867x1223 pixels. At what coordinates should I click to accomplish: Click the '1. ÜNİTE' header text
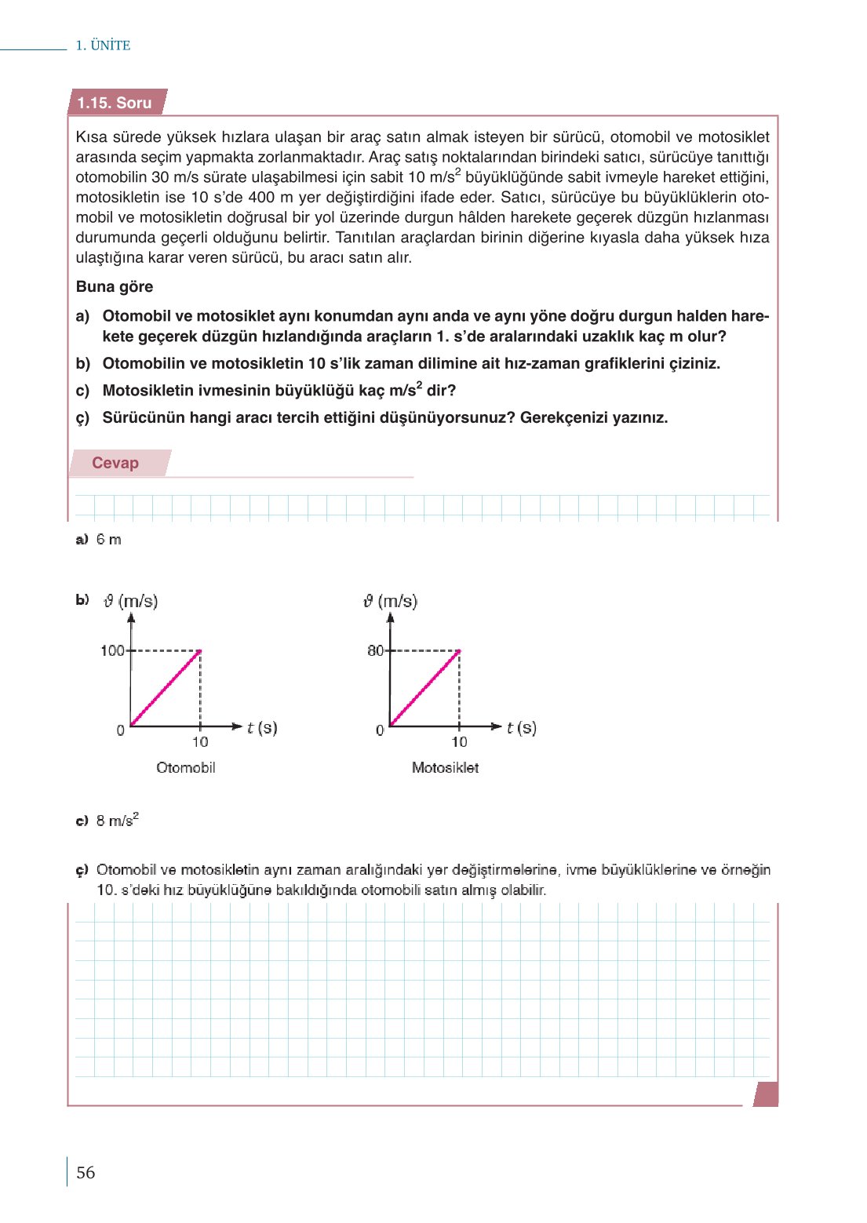[x=103, y=45]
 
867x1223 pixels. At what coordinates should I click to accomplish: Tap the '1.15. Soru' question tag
[x=115, y=103]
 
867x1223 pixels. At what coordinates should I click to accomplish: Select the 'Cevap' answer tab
[x=115, y=463]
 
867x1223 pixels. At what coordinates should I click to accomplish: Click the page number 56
[x=86, y=1172]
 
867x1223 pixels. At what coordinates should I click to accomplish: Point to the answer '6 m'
[x=109, y=540]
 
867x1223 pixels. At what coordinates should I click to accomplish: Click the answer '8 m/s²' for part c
[x=117, y=821]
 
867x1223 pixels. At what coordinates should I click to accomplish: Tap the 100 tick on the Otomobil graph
[x=112, y=650]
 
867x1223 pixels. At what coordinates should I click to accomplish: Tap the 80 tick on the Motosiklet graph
[x=375, y=650]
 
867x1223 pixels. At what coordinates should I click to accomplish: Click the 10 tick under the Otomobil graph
[x=200, y=741]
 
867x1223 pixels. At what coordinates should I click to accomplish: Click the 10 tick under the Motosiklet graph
[x=459, y=741]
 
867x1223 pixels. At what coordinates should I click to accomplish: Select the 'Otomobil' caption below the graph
[x=186, y=767]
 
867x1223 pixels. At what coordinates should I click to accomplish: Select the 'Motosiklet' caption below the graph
[x=445, y=767]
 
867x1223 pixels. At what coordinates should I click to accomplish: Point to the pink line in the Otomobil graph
[x=166, y=688]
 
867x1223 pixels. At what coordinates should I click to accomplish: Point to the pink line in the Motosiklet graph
[x=424, y=688]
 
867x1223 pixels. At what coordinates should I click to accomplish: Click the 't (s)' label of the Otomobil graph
[x=262, y=727]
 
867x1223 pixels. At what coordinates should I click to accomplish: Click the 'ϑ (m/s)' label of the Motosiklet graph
[x=390, y=601]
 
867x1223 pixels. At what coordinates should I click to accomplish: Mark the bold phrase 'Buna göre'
[x=115, y=286]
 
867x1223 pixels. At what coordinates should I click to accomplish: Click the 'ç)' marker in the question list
[x=83, y=417]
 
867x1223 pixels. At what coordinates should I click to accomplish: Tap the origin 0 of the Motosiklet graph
[x=380, y=730]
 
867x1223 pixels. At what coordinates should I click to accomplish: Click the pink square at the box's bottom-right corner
[x=767, y=1094]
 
